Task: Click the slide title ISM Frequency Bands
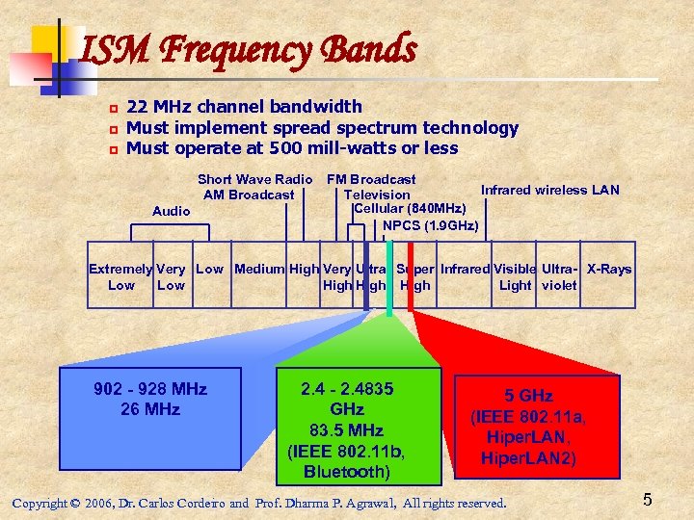point(249,48)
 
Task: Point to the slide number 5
point(648,500)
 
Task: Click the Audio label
point(172,211)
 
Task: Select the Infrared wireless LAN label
point(549,190)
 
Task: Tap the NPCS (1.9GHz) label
point(430,226)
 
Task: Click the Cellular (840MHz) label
point(411,209)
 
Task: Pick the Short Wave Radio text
point(254,179)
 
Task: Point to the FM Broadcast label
point(371,179)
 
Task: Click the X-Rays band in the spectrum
point(609,270)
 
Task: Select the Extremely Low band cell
point(120,277)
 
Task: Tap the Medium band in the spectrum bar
point(259,270)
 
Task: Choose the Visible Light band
point(515,277)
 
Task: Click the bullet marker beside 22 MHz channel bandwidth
point(112,108)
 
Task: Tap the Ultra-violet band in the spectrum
point(559,277)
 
